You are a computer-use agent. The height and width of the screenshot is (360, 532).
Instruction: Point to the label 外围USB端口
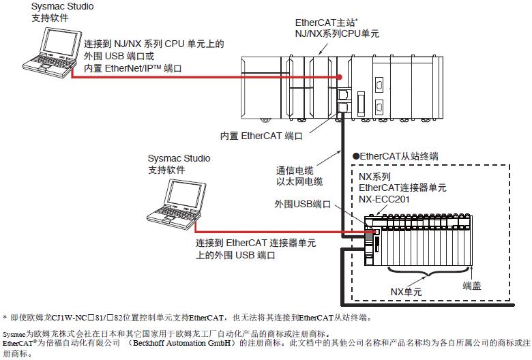pyautogui.click(x=303, y=204)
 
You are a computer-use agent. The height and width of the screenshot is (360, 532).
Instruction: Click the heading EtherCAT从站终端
pyautogui.click(x=395, y=156)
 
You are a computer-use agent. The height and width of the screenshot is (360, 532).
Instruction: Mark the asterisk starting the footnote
pyautogui.click(x=5, y=318)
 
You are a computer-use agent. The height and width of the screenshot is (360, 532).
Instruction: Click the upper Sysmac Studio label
pyautogui.click(x=62, y=6)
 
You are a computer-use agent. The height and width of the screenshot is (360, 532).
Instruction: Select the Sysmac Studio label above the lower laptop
pyautogui.click(x=179, y=158)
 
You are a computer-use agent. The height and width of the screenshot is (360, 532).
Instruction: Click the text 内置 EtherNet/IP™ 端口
pyautogui.click(x=133, y=68)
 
